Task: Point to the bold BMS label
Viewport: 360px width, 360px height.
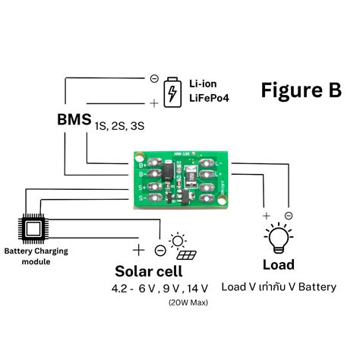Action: [x=74, y=120]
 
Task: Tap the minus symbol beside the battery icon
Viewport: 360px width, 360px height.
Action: [x=154, y=78]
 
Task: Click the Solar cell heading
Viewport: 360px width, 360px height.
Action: [x=149, y=271]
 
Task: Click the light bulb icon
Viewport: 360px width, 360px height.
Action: [x=278, y=238]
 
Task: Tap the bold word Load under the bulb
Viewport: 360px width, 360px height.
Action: [x=278, y=265]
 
